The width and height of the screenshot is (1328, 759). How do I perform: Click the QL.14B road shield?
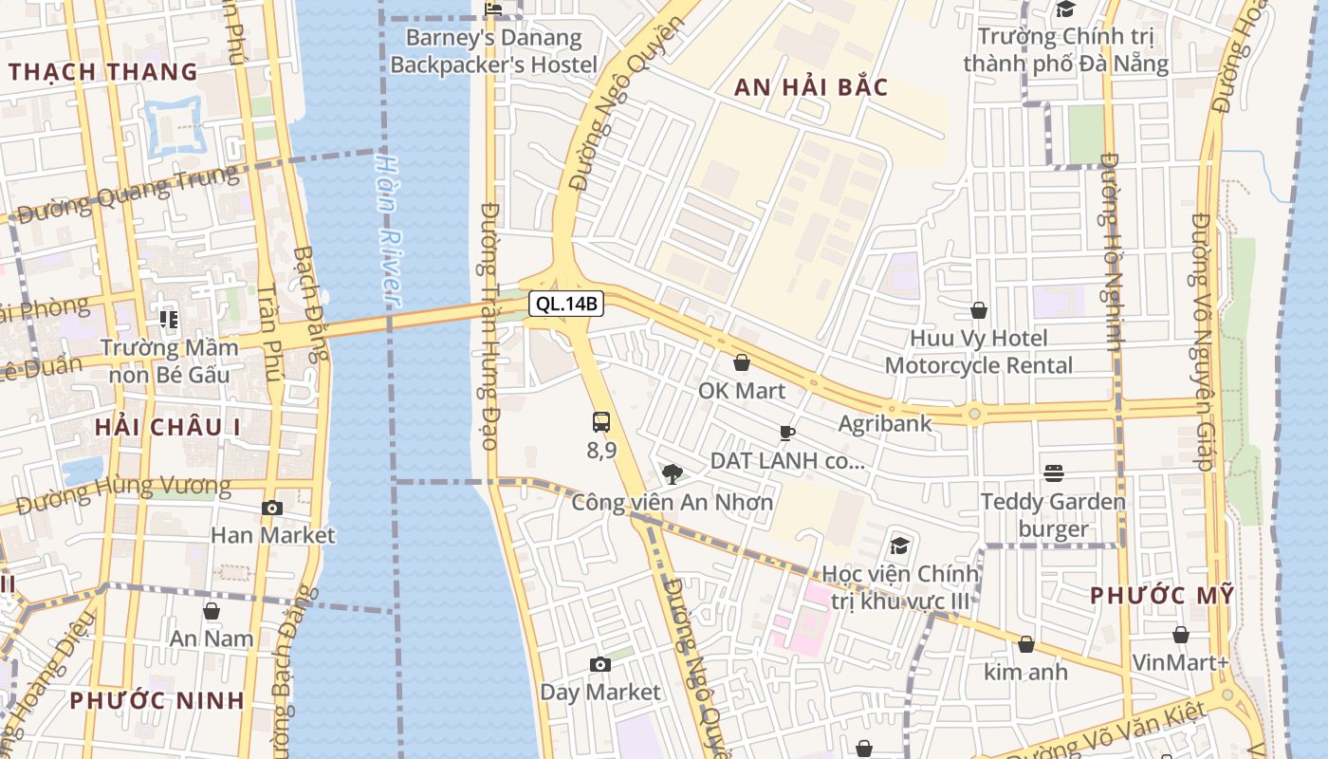pos(566,304)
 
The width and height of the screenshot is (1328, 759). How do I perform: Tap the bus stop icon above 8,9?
pos(601,422)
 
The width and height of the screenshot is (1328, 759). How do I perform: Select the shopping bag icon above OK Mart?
pos(742,362)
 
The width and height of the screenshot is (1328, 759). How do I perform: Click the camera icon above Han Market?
pos(272,509)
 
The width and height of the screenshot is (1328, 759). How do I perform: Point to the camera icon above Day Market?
pos(599,665)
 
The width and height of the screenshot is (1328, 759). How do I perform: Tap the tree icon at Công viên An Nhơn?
pos(673,473)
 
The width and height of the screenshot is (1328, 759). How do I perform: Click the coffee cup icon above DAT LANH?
pos(786,434)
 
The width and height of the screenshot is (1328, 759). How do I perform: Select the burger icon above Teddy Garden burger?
pos(1053,472)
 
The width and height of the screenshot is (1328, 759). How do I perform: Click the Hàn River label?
pos(388,229)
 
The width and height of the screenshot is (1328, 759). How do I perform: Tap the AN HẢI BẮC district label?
pos(811,88)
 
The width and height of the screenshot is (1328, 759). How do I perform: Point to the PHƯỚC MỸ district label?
pos(1162,596)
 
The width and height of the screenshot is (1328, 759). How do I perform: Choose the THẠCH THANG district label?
pos(102,72)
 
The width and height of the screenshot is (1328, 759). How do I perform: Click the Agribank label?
pos(885,423)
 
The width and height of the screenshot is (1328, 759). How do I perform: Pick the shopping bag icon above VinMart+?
pos(1181,635)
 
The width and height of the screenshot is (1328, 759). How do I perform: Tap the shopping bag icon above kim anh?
pos(1025,645)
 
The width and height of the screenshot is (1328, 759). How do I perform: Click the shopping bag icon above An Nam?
pos(212,611)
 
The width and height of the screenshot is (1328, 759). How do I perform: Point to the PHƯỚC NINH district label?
pos(157,701)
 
